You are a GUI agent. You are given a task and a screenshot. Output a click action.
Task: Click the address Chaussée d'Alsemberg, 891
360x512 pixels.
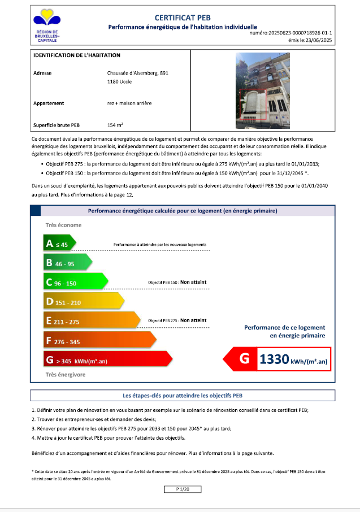(138, 73)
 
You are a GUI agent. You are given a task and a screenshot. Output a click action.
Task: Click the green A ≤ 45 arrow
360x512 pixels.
(59, 244)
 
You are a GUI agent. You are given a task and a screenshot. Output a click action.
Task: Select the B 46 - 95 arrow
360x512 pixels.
(67, 263)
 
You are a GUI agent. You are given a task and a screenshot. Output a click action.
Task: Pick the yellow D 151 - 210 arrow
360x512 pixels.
(83, 302)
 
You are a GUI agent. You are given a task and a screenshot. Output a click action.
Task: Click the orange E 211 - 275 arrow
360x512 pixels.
(90, 321)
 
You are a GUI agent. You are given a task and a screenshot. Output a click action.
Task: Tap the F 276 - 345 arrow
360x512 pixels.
(98, 341)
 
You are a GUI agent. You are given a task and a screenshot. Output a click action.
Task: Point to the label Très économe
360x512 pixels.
(63, 225)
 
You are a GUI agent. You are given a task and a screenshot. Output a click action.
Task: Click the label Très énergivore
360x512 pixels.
(66, 374)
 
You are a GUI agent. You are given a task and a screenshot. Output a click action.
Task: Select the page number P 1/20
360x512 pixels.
(182, 488)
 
